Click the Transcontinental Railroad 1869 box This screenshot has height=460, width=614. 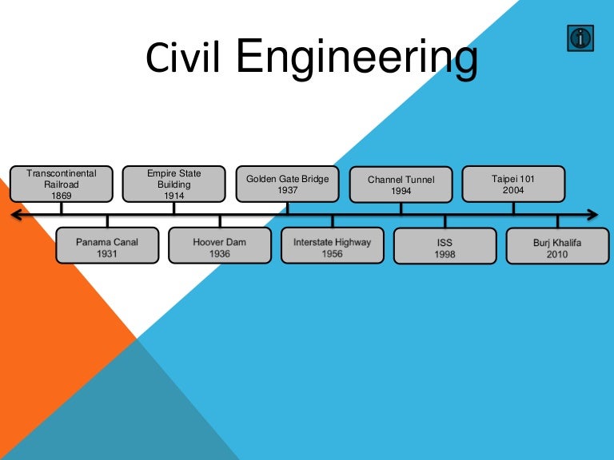[x=62, y=184]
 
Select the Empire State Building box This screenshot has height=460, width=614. [x=173, y=184]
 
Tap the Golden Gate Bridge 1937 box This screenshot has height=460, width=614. [x=288, y=184]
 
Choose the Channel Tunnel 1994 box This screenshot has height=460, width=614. [x=401, y=184]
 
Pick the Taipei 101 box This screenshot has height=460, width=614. [x=514, y=184]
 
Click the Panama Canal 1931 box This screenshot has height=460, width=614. [x=107, y=247]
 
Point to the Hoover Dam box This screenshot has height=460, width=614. [x=220, y=247]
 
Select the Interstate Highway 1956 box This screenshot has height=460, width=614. [x=333, y=247]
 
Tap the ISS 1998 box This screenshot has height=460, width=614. [x=445, y=247]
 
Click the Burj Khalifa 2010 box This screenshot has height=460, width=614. [x=558, y=247]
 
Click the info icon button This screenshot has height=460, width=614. [x=580, y=38]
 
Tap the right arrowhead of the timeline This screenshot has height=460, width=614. [x=592, y=215]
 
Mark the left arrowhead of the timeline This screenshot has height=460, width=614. [x=15, y=215]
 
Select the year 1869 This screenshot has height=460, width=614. [x=62, y=195]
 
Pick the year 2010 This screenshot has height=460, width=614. [x=558, y=254]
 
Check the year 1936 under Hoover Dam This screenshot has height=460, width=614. [x=220, y=254]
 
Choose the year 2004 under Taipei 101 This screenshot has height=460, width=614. [x=514, y=191]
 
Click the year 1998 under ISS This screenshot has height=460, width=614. [x=445, y=254]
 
